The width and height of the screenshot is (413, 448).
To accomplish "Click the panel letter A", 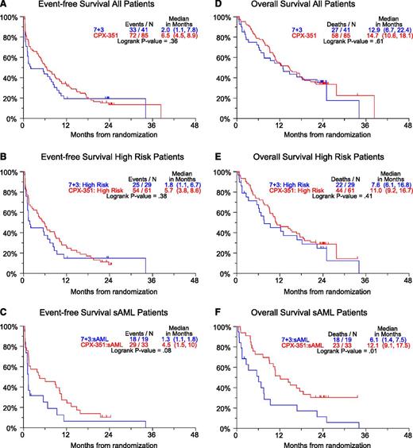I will [5, 6].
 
